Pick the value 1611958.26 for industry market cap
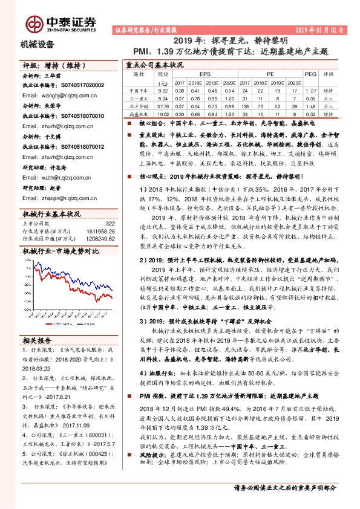tap(100, 232)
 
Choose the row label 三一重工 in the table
tap(139, 97)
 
